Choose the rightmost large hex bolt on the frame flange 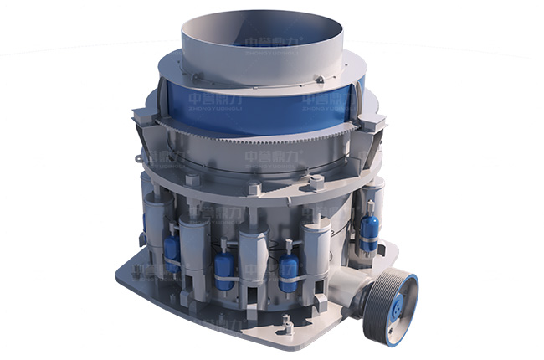coord(316,181)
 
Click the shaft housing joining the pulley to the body coord(352,293)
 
